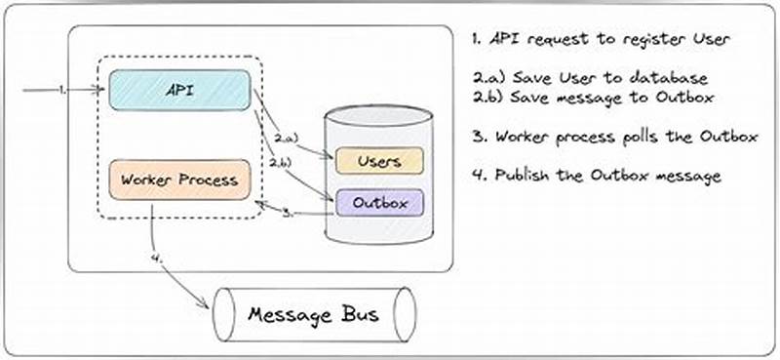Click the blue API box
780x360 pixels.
point(179,90)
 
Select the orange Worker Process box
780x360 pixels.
point(179,180)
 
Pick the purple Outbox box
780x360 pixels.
point(380,203)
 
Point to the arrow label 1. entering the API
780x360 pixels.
point(62,90)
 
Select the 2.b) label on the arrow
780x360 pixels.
point(281,161)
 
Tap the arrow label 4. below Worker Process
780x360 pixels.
point(158,260)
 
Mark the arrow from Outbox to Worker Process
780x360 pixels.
point(292,211)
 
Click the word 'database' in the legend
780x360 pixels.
point(672,77)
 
